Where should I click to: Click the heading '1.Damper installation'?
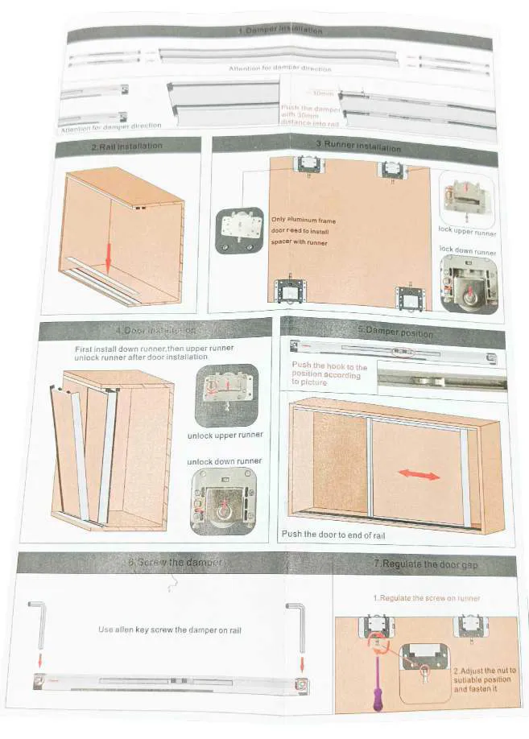280,31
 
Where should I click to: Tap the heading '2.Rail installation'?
128,146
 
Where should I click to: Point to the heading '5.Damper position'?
395,332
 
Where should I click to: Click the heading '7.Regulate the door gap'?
425,564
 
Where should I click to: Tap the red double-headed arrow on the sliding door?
419,474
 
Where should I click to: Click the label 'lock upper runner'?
467,232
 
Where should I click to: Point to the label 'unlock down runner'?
225,461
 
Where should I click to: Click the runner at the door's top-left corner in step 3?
309,165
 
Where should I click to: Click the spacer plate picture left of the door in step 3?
239,229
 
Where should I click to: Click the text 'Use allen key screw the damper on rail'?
169,630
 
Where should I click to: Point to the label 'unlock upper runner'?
225,436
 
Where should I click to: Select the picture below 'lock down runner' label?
468,284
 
